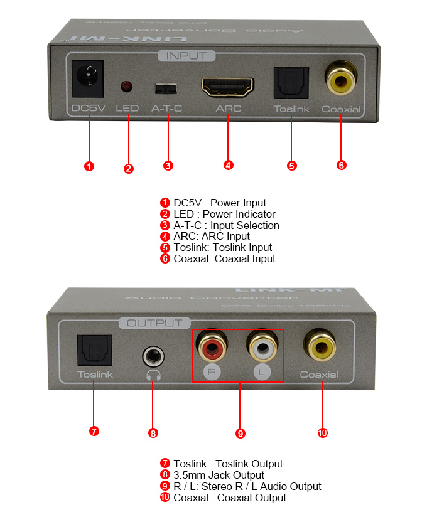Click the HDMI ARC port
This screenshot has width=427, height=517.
click(x=227, y=86)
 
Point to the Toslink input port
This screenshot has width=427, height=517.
click(x=291, y=82)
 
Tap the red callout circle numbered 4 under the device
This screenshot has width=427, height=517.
click(x=229, y=165)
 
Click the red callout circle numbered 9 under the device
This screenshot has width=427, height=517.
click(x=240, y=433)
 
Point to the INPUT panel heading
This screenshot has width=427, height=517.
click(x=186, y=56)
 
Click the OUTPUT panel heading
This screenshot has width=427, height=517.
click(x=154, y=323)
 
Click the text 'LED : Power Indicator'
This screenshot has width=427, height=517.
click(x=224, y=214)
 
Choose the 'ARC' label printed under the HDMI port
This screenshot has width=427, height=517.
click(x=228, y=109)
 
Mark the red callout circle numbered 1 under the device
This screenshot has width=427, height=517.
click(x=89, y=166)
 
